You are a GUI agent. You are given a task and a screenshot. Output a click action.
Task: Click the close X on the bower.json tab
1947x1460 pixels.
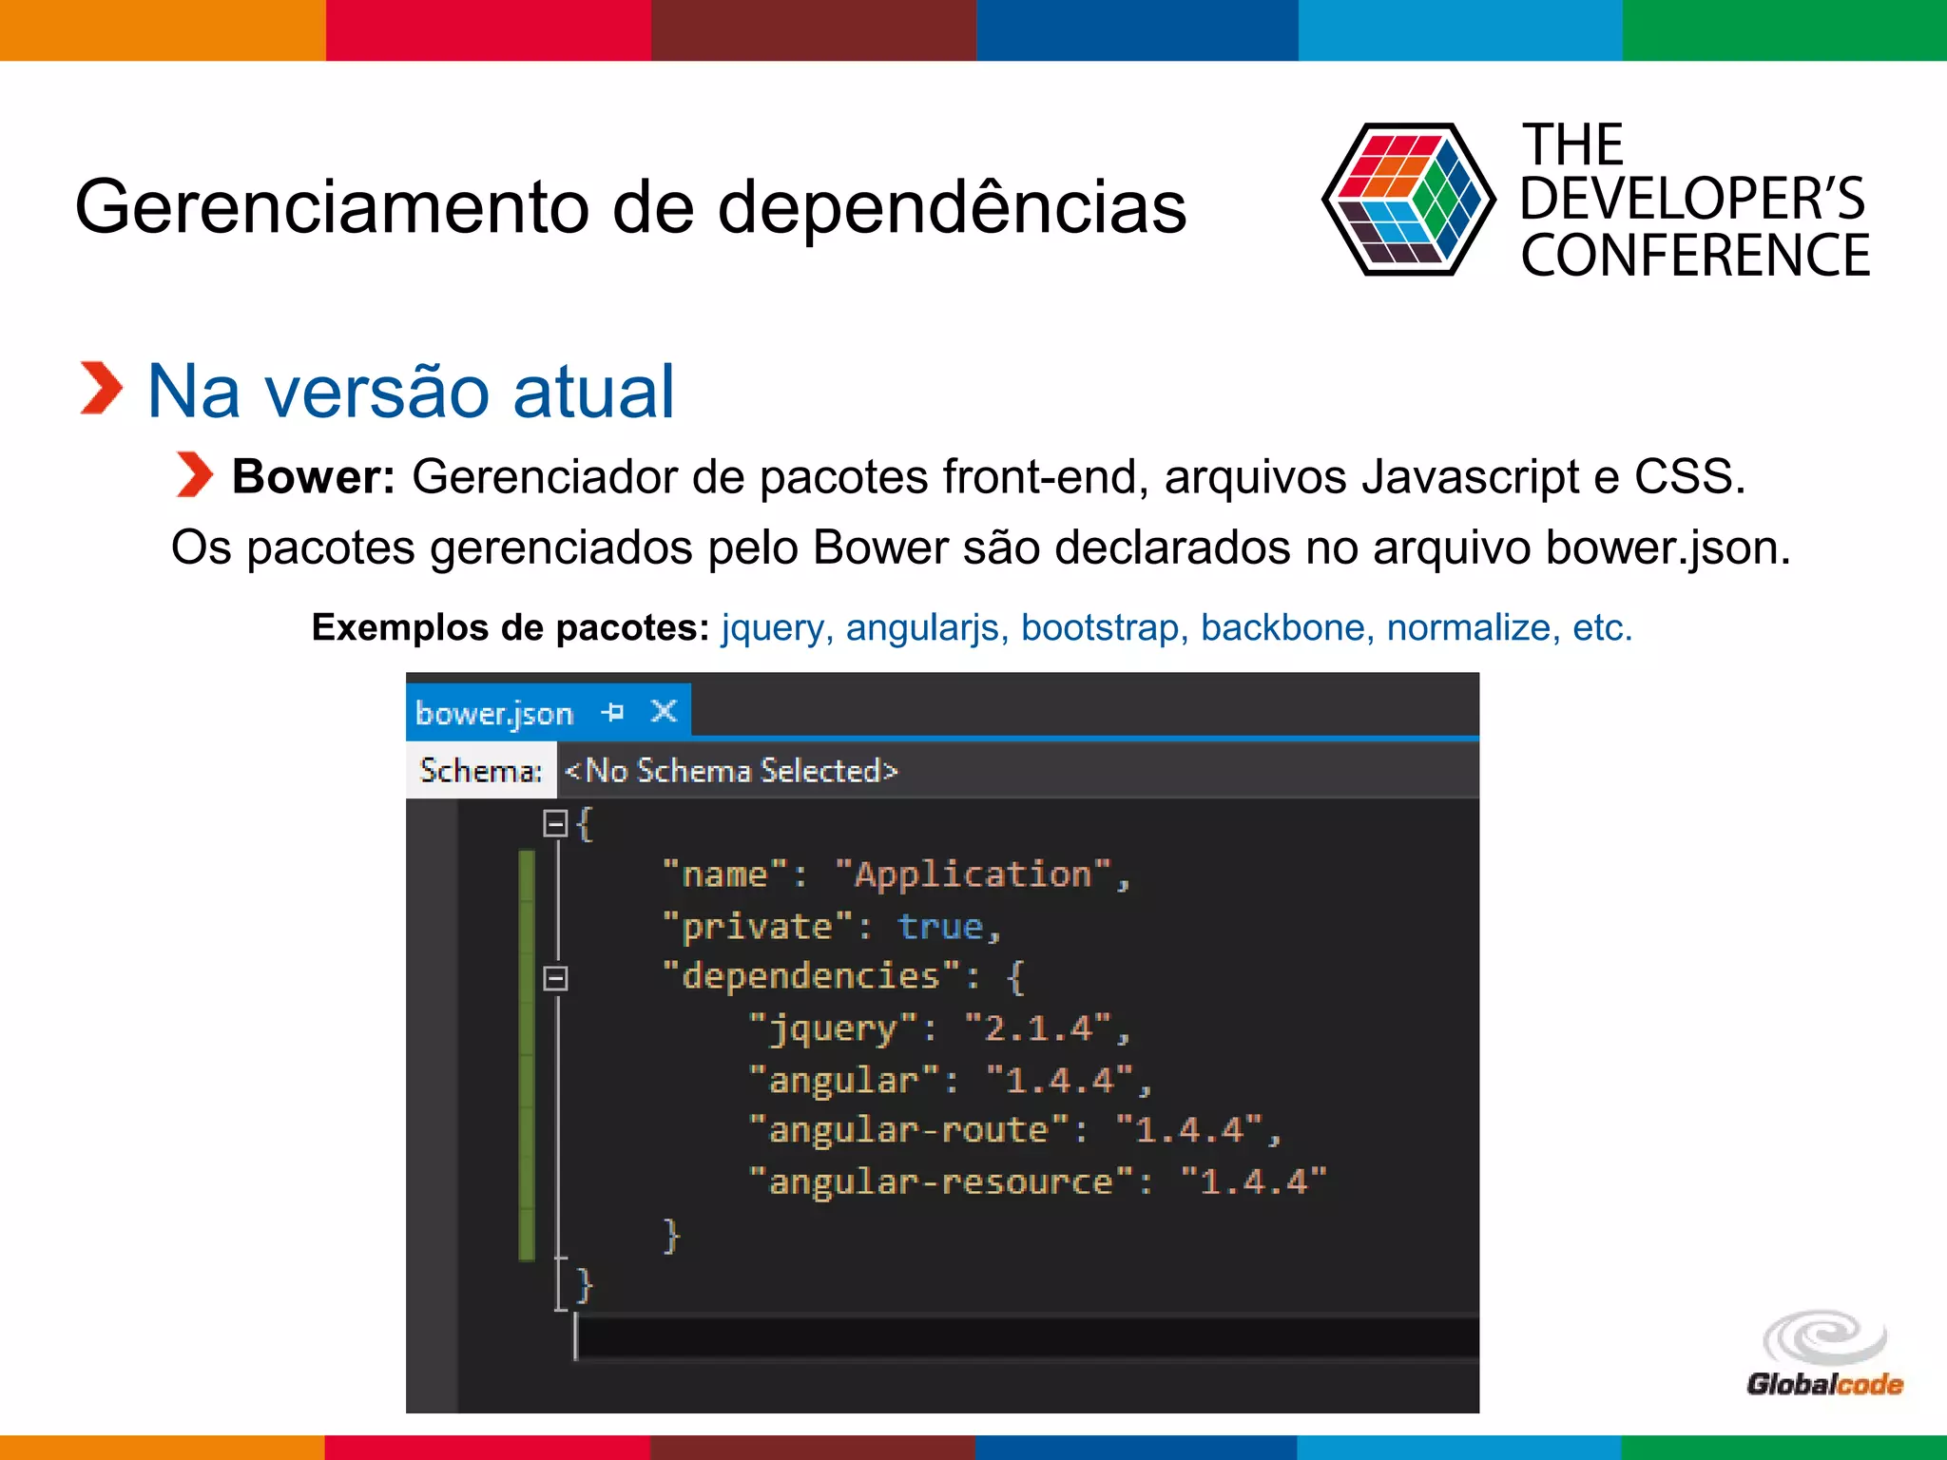[x=664, y=711]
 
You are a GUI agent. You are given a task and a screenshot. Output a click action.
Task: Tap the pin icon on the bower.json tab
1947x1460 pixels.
[x=613, y=711]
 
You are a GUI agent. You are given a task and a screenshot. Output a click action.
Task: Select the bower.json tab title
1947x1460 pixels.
[x=494, y=713]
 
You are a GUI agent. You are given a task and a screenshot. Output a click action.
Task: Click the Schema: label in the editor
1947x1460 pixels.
[x=481, y=770]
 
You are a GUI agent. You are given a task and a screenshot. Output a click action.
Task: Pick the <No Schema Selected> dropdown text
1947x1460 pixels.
[x=731, y=770]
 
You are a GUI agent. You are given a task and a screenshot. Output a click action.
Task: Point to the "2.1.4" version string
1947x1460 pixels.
[x=1037, y=1028]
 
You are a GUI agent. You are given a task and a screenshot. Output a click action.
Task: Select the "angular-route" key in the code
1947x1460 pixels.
[x=909, y=1130]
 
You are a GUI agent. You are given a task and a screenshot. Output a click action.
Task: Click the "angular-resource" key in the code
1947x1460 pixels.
[x=941, y=1181]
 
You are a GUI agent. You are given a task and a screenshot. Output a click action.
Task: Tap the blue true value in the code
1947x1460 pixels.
[x=940, y=926]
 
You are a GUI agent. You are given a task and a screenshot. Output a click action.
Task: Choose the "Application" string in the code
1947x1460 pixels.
[x=973, y=874]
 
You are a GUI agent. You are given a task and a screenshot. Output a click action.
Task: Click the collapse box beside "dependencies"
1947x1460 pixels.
[x=555, y=978]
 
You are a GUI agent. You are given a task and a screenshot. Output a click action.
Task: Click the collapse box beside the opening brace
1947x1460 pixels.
[x=555, y=823]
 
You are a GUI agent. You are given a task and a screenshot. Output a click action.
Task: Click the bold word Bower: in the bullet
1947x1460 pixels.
[x=313, y=476]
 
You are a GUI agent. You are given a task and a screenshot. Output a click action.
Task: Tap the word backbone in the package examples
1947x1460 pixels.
[x=1282, y=627]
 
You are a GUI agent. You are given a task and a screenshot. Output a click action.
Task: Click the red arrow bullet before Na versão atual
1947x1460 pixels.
[x=101, y=389]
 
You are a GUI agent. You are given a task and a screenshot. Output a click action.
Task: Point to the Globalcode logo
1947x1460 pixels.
[x=1823, y=1354]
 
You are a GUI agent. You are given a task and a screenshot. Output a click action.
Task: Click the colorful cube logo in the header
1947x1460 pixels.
[x=1408, y=200]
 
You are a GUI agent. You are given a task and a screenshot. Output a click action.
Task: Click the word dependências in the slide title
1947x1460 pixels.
[x=952, y=206]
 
